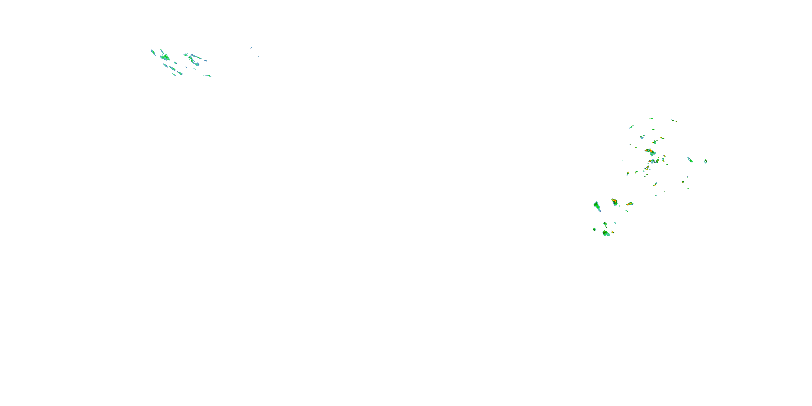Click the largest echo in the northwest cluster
click(165, 57)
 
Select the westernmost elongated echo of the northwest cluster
click(153, 52)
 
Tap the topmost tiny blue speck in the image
click(251, 48)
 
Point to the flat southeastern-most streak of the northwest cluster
click(207, 76)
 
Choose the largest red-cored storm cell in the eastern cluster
click(650, 152)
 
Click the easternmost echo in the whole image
click(705, 161)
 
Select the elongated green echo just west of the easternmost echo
click(690, 160)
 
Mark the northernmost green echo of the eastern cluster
click(651, 119)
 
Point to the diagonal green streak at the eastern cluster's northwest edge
click(631, 127)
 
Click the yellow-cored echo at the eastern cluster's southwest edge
click(628, 173)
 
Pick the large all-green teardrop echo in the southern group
click(597, 207)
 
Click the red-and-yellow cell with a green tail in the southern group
click(614, 202)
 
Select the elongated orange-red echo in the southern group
click(630, 204)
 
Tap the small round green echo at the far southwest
click(594, 229)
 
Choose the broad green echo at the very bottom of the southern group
click(606, 233)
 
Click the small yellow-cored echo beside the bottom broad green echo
click(613, 232)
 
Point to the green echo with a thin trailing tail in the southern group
click(605, 224)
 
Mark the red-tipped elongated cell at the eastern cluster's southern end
click(655, 184)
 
